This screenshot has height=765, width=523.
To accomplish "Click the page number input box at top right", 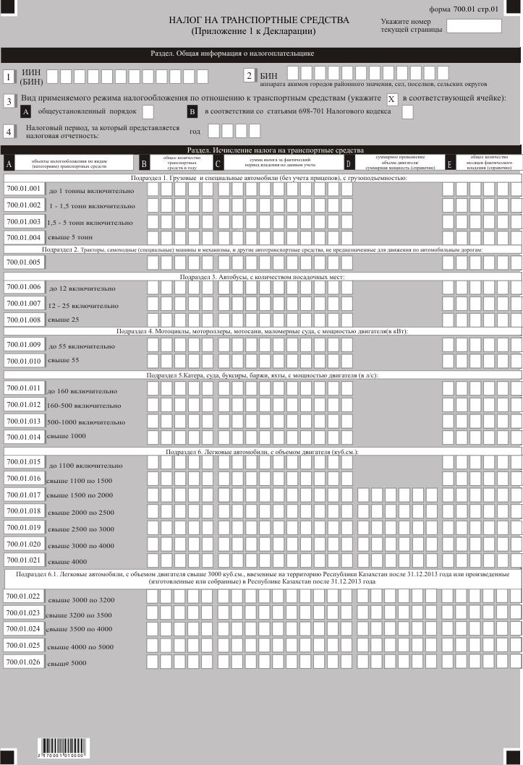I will click(x=474, y=26).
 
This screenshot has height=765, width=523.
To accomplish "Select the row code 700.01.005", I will click(x=24, y=262).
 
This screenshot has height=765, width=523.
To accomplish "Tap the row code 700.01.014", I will click(x=24, y=436).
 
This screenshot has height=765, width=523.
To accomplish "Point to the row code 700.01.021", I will click(x=24, y=560).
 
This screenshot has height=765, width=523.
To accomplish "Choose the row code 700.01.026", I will click(x=24, y=662).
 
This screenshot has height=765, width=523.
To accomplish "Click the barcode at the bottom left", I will click(x=61, y=746).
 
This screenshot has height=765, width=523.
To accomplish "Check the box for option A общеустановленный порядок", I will click(x=148, y=111).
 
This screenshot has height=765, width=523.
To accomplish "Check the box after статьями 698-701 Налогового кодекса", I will click(x=407, y=111).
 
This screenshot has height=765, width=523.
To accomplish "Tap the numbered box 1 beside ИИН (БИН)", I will click(x=9, y=77).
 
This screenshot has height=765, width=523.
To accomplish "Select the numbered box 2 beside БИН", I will click(x=249, y=76).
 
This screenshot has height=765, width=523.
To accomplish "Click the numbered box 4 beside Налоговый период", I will click(x=9, y=132).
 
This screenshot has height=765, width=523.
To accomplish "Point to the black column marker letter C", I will click(x=219, y=164).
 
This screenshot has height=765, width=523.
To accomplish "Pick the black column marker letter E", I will click(x=449, y=164).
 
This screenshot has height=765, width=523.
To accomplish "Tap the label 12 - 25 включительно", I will click(x=83, y=305).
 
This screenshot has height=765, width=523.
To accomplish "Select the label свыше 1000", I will click(x=67, y=437).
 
